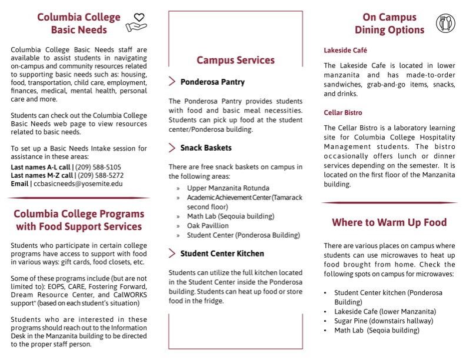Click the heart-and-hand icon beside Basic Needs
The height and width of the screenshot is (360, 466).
pyautogui.click(x=138, y=22)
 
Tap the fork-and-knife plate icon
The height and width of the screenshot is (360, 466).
pyautogui.click(x=445, y=23)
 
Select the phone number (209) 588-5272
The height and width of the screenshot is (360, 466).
pyautogui.click(x=99, y=175)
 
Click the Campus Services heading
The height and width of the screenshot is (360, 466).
pyautogui.click(x=235, y=60)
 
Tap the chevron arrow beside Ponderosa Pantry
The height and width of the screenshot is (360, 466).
pyautogui.click(x=172, y=82)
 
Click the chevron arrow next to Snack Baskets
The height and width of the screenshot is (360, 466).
pyautogui.click(x=172, y=148)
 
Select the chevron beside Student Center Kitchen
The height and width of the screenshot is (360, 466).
pyautogui.click(x=172, y=254)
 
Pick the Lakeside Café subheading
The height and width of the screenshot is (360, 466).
pyautogui.click(x=345, y=51)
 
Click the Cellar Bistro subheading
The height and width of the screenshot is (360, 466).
pyautogui.click(x=343, y=112)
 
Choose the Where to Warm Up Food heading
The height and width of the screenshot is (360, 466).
pyautogui.click(x=389, y=222)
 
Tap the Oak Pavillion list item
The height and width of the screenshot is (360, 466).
pyautogui.click(x=208, y=225)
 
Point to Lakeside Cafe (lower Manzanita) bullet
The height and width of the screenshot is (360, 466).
pyautogui.click(x=385, y=311)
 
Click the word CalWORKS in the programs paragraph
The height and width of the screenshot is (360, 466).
pyautogui.click(x=120, y=295)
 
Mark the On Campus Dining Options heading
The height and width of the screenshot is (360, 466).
pyautogui.click(x=390, y=24)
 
